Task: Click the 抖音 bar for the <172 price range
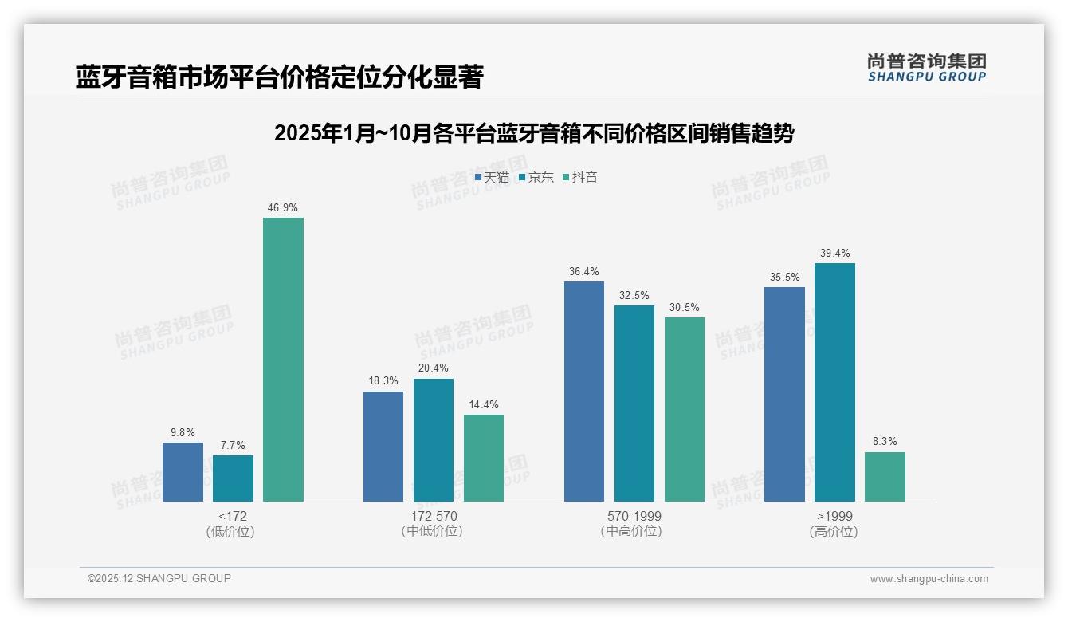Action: tap(283, 360)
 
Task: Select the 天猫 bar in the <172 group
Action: tap(183, 472)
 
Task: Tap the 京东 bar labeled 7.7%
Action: tap(233, 478)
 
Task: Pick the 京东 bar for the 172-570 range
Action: tap(433, 440)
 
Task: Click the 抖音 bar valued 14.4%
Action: tap(483, 458)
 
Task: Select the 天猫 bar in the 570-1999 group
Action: tap(583, 392)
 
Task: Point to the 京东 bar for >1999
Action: tap(834, 382)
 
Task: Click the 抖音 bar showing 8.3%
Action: tap(885, 477)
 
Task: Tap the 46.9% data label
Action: tap(283, 207)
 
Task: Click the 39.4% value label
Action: tap(834, 253)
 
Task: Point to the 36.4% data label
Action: tap(583, 271)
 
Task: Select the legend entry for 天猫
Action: tap(492, 177)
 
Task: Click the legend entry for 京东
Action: tap(536, 177)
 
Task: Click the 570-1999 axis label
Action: tap(634, 516)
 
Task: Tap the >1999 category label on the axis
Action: tap(834, 516)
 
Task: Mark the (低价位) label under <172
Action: tap(232, 531)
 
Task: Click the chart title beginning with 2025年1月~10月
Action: tap(533, 133)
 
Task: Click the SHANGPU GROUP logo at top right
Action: tap(926, 68)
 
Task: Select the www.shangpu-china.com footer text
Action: tap(929, 579)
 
